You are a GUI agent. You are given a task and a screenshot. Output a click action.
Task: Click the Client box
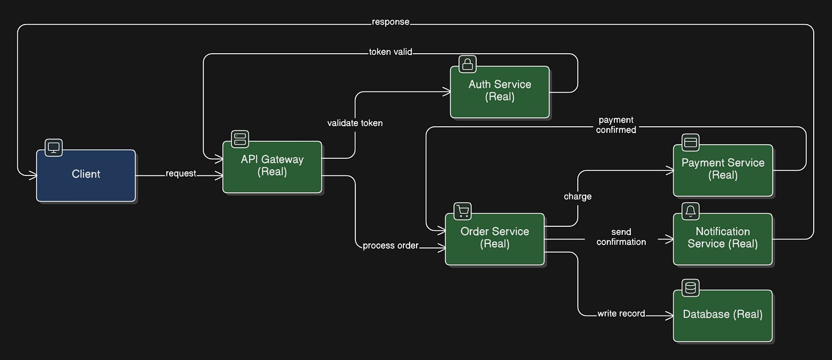point(86,175)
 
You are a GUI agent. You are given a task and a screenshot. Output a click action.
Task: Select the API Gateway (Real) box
point(272,167)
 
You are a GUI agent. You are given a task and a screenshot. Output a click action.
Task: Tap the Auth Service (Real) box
point(499,92)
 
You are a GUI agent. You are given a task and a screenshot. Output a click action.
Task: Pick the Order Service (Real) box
point(495,239)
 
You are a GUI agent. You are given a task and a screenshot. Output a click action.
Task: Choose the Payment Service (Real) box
point(723,170)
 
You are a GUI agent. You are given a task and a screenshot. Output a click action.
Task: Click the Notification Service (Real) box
point(723,239)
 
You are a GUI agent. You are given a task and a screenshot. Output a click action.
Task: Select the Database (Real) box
point(723,315)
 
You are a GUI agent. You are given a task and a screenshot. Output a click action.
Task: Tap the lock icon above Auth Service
point(467,64)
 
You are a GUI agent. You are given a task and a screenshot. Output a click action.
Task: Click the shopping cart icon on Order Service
point(463,211)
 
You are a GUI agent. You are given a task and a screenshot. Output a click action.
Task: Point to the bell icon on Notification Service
point(690,211)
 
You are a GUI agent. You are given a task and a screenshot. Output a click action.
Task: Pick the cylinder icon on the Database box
point(690,288)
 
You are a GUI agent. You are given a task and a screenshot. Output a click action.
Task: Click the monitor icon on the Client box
point(54,147)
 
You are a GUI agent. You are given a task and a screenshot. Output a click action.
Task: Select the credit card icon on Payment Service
point(690,142)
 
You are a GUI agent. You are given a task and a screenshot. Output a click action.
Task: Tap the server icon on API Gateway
point(240,139)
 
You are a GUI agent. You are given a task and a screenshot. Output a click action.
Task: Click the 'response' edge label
point(391,22)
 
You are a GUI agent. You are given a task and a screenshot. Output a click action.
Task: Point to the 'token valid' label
point(390,51)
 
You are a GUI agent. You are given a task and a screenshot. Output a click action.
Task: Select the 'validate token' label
point(355,123)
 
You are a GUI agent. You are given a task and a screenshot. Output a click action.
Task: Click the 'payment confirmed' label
point(616,125)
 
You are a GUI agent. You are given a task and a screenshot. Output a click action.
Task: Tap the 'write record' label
point(621,314)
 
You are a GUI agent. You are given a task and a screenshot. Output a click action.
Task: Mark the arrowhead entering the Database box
point(669,316)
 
